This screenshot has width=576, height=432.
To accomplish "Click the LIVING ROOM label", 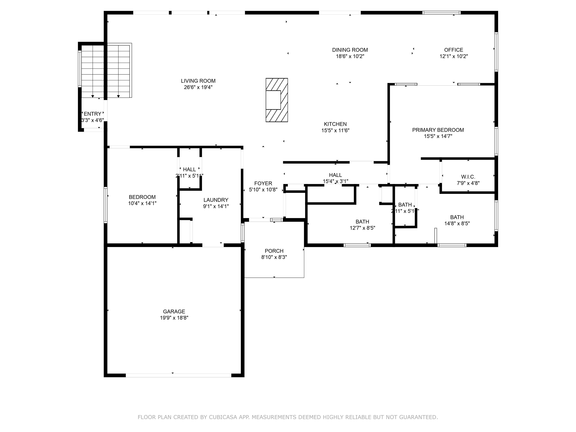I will tap(198, 81).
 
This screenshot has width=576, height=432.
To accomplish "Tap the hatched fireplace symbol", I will tap(277, 100).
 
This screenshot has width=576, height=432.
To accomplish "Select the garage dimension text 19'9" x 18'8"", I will tap(174, 318).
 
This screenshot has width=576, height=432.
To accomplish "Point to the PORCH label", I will tap(274, 251).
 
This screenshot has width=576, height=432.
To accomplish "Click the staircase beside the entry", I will tap(105, 70).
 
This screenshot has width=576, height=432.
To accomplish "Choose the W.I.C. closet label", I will tap(468, 177).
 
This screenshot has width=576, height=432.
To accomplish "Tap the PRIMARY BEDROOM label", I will tap(438, 130).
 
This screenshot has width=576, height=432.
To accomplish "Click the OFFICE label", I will tap(453, 50).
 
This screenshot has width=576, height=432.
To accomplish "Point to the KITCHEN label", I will tap(335, 124).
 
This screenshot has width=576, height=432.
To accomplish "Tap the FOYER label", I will tap(263, 183).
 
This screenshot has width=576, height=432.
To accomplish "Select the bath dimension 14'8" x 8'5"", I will tap(457, 223).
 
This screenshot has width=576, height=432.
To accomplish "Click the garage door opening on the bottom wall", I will tap(178, 375).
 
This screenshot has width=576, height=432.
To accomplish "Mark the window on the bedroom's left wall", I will tap(105, 205).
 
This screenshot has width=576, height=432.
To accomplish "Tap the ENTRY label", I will tap(92, 114).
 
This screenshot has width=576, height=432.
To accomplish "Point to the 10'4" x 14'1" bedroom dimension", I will tap(142, 203).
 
